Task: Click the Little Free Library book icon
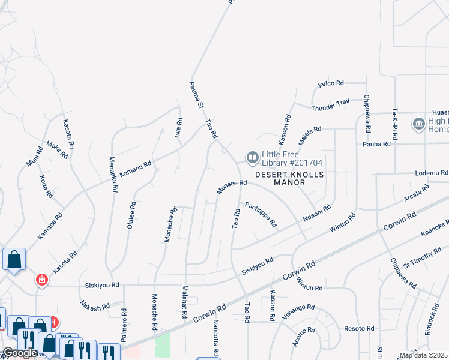(252, 158)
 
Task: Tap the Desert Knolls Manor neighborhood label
(289, 178)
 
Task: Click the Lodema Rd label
(432, 173)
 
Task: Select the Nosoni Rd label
(317, 215)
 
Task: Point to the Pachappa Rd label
(261, 214)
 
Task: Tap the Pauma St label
(197, 95)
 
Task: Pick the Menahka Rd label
(112, 174)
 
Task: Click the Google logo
(19, 353)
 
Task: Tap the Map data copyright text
(424, 355)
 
